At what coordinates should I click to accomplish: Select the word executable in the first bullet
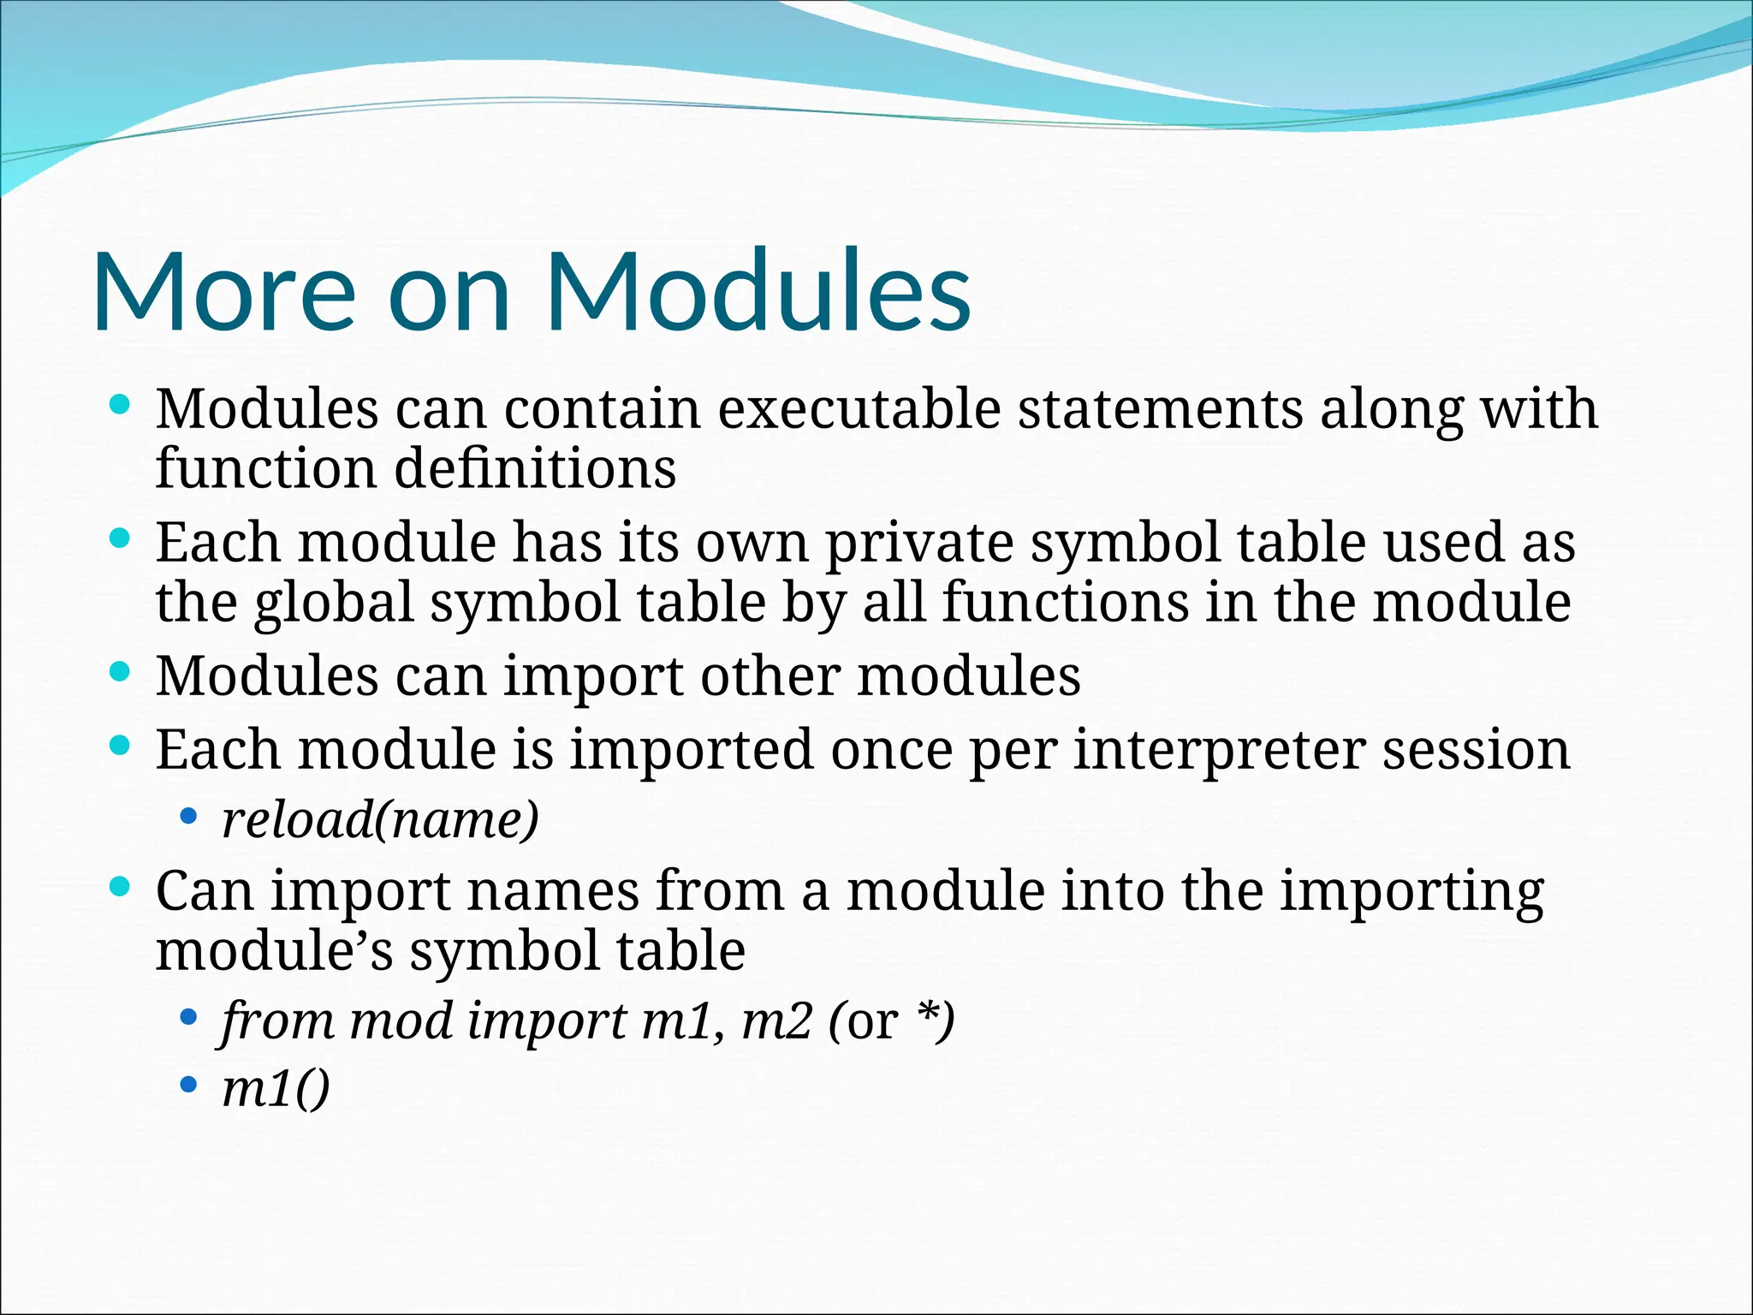859,409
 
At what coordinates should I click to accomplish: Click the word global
334,603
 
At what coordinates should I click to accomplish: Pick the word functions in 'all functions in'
1065,602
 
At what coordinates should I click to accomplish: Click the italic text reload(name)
380,820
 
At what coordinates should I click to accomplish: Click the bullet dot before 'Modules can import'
120,673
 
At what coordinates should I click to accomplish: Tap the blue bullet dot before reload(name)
188,817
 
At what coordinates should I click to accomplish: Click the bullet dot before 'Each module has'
120,539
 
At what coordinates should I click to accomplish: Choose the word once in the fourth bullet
891,750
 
